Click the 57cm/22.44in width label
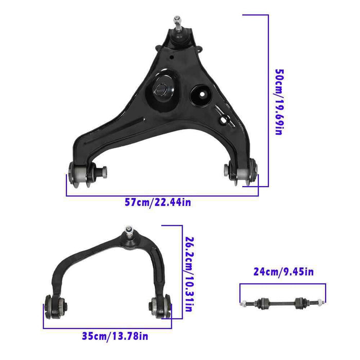coord(158,203)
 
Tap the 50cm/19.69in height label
coord(278,102)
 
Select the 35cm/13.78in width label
coord(115,336)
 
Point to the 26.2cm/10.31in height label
coord(189,275)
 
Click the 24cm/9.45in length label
coord(282,272)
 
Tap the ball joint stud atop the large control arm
coord(177,23)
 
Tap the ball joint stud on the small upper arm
coord(127,231)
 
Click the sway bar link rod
coord(282,302)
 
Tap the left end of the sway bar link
coord(245,302)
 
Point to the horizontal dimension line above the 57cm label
coord(162,195)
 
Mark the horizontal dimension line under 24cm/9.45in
coord(282,284)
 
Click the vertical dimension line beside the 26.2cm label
coord(182,273)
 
